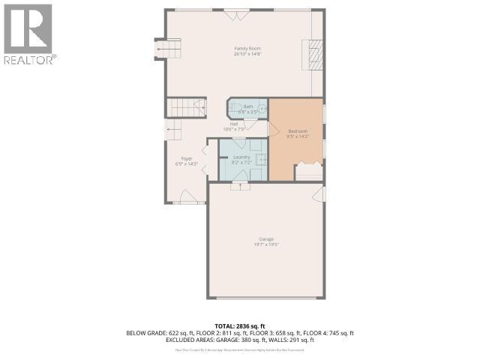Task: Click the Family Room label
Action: (247, 51)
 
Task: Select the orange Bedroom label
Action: (298, 133)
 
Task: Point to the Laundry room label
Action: (241, 159)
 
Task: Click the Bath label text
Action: (247, 109)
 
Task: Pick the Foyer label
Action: (186, 160)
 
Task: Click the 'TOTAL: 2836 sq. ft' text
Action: (241, 325)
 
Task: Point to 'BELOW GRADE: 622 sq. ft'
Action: (157, 333)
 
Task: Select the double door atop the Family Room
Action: (237, 13)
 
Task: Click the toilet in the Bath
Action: (262, 109)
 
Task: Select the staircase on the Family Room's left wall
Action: (168, 50)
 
